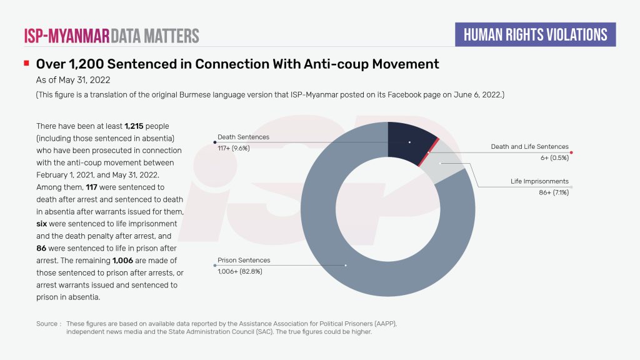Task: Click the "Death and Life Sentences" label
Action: coord(529,147)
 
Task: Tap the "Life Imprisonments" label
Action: coord(539,181)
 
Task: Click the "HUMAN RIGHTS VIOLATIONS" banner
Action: coord(535,34)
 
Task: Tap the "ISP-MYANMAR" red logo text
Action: coord(66,35)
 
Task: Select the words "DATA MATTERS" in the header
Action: coord(155,35)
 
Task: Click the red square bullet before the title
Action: coord(26,63)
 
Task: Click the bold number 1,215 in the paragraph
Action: coord(134,126)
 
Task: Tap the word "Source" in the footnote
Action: coord(47,324)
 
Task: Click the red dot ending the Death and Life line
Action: coord(572,152)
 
